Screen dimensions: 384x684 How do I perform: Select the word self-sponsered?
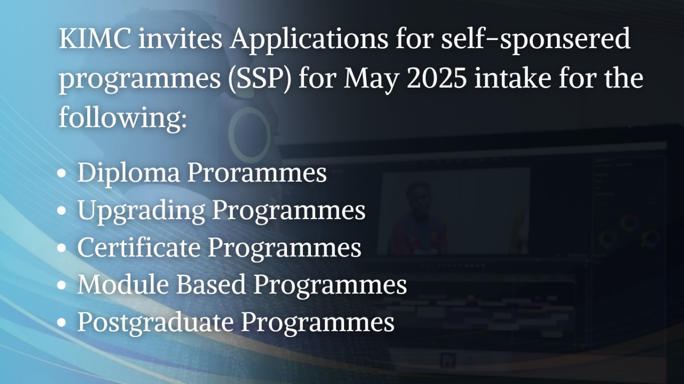coord(536,40)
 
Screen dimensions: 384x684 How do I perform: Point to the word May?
coord(366,79)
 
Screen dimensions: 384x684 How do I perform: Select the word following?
coord(122,116)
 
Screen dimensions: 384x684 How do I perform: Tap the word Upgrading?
coord(141,211)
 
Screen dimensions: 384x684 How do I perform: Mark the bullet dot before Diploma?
coord(63,174)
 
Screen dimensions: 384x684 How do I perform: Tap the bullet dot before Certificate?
coord(63,249)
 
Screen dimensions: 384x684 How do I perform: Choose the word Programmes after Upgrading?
coord(289,211)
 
